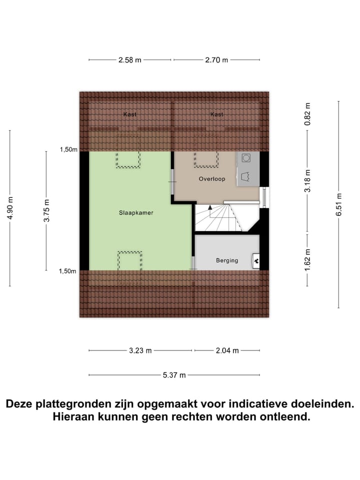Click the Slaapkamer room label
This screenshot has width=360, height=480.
coord(136,212)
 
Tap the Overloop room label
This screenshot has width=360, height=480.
coord(212,178)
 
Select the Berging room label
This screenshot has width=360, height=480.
coord(227,260)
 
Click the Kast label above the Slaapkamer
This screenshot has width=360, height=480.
coord(130,114)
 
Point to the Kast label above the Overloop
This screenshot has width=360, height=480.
coord(216,114)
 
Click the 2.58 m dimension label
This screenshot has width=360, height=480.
coord(130,60)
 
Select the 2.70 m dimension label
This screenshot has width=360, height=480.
coord(216,60)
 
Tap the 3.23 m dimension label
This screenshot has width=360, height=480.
coord(140,350)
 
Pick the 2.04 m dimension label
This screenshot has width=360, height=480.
coord(227,350)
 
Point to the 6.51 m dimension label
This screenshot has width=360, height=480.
coord(339,204)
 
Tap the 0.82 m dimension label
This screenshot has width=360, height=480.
coord(308,114)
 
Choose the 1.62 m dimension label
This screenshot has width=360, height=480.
coord(308,260)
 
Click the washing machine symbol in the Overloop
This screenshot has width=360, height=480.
coord(246,158)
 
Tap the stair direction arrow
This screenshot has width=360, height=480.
coord(210,206)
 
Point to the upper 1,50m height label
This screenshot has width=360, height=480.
coord(68,149)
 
